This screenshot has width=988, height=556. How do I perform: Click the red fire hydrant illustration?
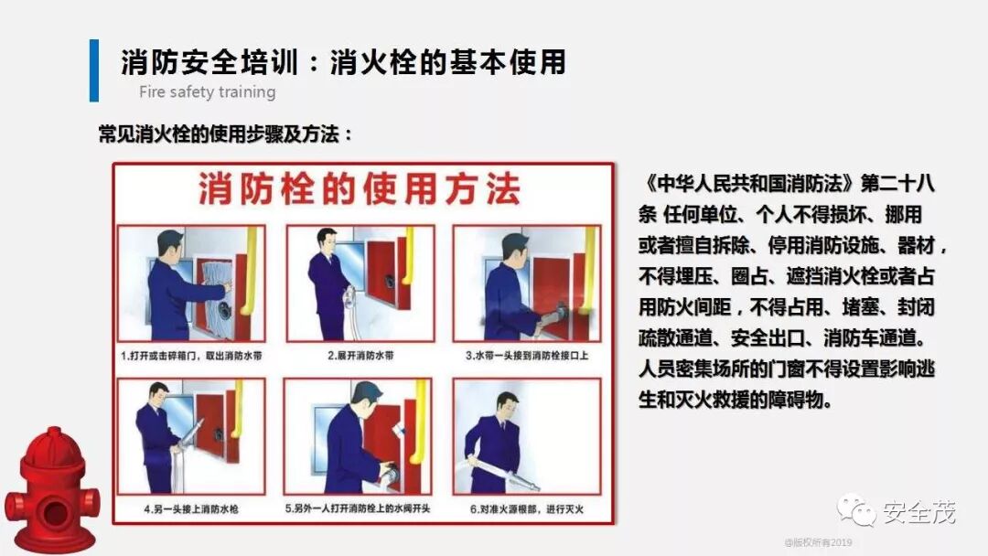point(51,491)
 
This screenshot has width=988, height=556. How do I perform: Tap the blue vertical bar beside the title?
point(94,70)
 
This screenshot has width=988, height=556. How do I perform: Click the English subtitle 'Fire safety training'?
point(208,92)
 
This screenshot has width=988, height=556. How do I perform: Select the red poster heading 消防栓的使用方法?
point(360,189)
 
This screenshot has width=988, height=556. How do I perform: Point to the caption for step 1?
point(191,356)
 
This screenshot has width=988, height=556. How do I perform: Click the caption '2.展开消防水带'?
point(360,356)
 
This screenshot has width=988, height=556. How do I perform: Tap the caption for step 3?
point(527,356)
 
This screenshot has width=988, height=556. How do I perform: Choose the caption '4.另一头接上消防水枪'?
point(191,508)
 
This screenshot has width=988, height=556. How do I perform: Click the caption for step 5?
point(358,508)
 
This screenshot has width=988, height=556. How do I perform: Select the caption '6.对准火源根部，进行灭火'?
point(527,508)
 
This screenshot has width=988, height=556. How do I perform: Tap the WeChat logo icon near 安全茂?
point(856,510)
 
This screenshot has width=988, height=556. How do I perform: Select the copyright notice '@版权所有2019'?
point(818,542)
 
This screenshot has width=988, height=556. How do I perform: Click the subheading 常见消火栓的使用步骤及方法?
point(226,134)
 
